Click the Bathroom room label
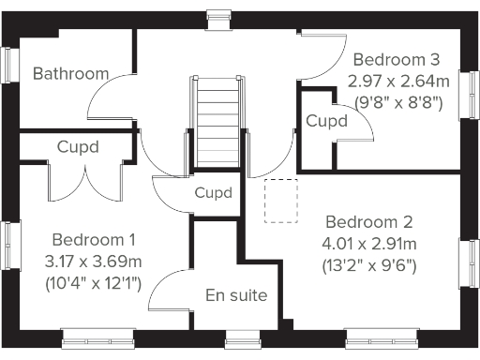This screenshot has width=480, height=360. [x=70, y=73]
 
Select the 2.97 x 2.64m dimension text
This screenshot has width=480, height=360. [x=398, y=82]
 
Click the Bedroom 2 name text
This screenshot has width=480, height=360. [x=369, y=222]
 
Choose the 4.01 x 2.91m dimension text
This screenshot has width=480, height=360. [x=369, y=244]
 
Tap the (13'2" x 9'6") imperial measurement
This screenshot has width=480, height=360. [x=370, y=265]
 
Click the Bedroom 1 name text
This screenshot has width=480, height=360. [x=94, y=239]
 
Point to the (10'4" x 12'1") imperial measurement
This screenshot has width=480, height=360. [x=93, y=282]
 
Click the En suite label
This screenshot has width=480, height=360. [x=236, y=295]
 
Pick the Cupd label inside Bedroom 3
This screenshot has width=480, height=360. [x=326, y=121]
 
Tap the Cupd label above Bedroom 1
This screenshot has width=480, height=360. [x=78, y=147]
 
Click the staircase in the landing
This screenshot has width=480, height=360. [x=218, y=122]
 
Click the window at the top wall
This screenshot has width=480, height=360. [x=217, y=13]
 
